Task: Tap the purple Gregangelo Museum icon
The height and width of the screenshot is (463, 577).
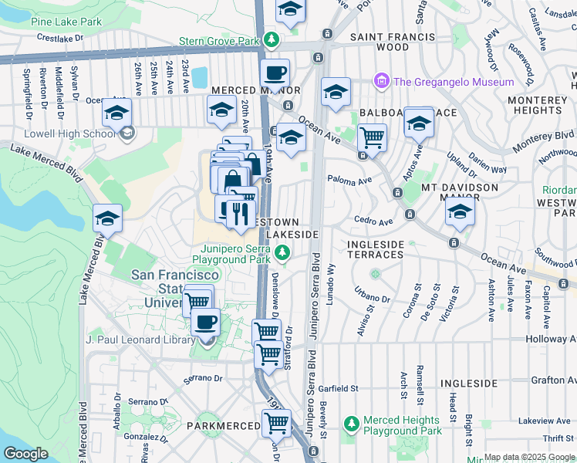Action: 380,80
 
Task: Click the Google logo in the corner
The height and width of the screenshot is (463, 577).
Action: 25,454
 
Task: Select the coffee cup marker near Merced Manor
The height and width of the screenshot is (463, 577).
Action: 275,74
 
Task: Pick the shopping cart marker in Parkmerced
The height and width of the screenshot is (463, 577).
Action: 276,423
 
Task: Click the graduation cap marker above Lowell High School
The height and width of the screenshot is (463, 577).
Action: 116,114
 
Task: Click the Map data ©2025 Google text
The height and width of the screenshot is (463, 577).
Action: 529,457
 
